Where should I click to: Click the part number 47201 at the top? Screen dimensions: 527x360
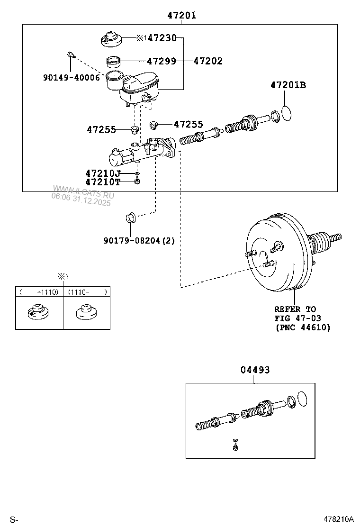point(181,16)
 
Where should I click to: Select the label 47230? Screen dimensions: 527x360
point(162,38)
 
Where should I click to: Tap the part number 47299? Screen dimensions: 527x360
point(161,61)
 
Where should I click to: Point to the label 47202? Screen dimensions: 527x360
point(207,61)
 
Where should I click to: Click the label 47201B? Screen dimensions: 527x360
point(288,85)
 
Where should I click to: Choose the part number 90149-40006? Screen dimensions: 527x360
point(71,77)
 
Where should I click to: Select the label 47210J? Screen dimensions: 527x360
point(103,173)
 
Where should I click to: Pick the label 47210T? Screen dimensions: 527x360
point(103,182)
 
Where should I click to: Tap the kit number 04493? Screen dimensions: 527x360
point(254,370)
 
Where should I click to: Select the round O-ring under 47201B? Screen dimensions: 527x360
point(288,114)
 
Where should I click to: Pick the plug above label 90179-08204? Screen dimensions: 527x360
point(130,218)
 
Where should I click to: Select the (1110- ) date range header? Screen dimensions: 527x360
point(87,292)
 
